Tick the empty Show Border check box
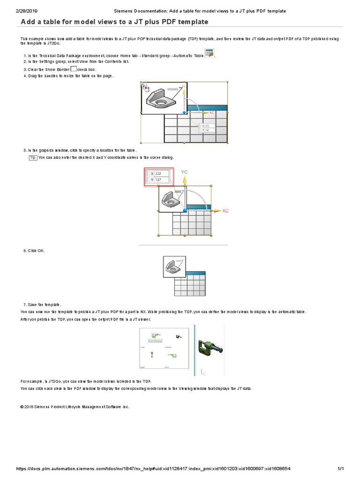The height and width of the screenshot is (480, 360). [x=73, y=68]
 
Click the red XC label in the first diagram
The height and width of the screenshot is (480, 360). [x=211, y=112]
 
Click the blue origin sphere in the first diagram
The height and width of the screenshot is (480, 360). [x=184, y=112]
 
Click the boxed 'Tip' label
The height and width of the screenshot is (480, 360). [x=33, y=157]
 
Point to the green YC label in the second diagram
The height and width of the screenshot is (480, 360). [x=184, y=172]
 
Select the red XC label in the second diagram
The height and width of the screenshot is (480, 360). [x=225, y=211]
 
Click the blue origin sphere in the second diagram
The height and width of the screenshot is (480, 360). [x=185, y=211]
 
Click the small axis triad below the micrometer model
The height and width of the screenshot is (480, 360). [x=202, y=372]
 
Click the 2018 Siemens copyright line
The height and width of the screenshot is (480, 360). [x=75, y=407]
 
